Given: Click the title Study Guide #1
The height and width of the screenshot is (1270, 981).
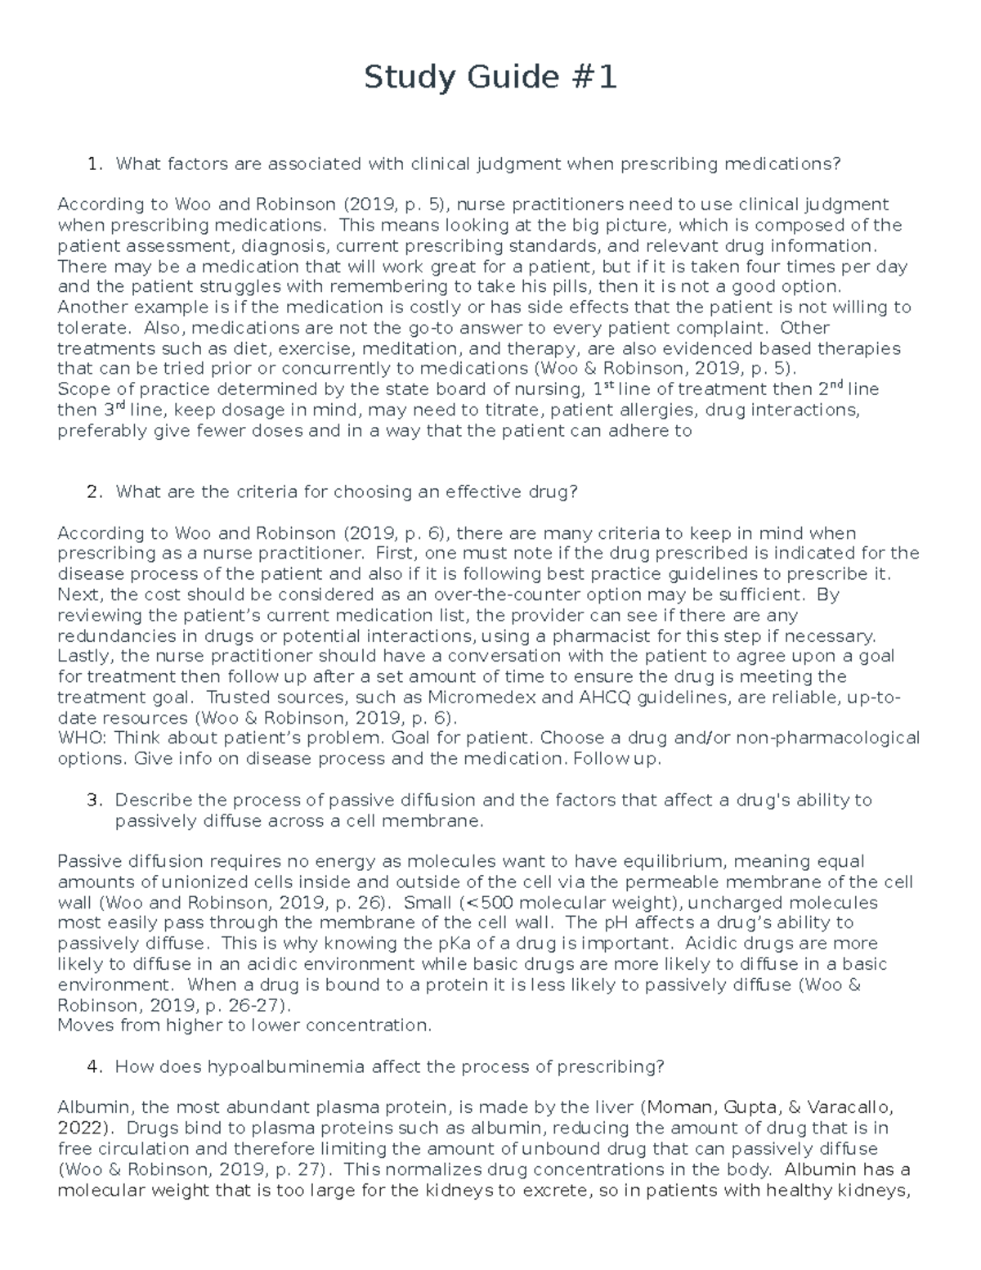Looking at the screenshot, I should point(490,78).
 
